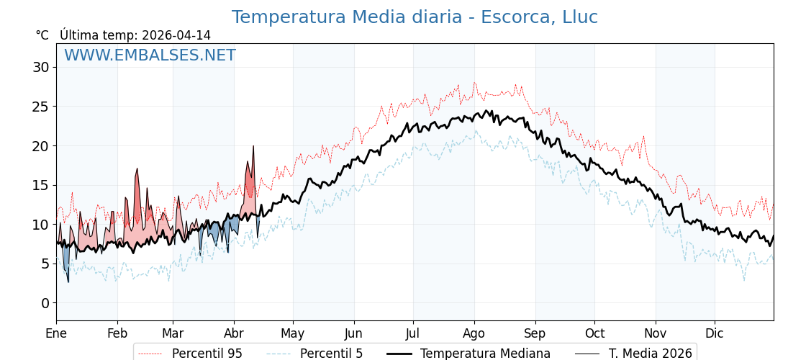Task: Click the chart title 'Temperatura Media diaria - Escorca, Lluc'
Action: click(415, 17)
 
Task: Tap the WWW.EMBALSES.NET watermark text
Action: click(150, 55)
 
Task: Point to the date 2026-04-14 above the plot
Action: click(176, 35)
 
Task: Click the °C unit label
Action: click(42, 35)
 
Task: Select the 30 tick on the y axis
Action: click(40, 68)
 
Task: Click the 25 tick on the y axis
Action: click(40, 107)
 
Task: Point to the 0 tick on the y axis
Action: click(45, 303)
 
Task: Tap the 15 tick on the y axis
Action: click(40, 185)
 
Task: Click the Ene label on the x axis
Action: click(56, 333)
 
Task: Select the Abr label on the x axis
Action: click(234, 333)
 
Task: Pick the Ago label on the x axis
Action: click(474, 333)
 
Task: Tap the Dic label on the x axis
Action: click(715, 333)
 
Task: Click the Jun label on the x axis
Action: click(354, 333)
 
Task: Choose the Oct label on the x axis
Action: click(594, 333)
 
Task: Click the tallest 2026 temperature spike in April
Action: click(253, 147)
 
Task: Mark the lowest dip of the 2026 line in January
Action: click(68, 282)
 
